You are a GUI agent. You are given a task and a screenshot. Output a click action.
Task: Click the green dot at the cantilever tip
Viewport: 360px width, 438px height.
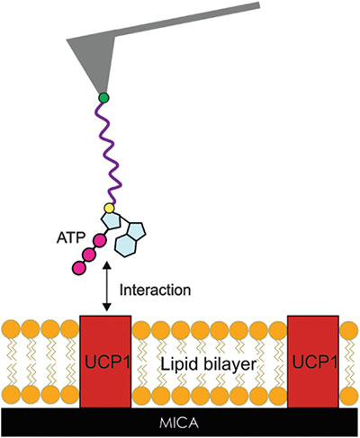[103, 98]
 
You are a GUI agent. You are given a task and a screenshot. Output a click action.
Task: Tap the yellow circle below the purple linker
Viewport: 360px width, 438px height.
[109, 208]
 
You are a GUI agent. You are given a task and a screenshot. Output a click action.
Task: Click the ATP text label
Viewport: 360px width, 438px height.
[71, 237]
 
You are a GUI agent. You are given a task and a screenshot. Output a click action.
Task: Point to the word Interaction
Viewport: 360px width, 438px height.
[155, 291]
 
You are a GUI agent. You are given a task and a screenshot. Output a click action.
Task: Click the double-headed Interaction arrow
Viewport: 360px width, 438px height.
[107, 287]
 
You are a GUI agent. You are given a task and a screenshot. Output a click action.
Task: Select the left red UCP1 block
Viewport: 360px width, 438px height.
[105, 362]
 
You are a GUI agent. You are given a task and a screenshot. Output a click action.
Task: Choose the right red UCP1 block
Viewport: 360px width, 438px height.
[313, 362]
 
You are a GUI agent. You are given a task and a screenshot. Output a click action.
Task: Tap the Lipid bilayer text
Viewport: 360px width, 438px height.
[209, 364]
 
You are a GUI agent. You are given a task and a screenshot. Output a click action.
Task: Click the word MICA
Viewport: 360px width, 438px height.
[179, 423]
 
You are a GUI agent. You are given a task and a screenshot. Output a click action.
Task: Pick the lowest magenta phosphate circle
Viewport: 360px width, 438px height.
[78, 268]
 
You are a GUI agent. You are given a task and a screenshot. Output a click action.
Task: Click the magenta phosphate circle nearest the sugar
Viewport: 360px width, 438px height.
[99, 240]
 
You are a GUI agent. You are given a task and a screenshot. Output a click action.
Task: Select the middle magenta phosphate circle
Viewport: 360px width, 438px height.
[89, 255]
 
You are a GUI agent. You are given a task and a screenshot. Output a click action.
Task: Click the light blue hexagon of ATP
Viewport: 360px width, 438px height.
[126, 246]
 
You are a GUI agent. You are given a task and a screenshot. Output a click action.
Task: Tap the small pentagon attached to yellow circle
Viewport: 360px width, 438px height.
[111, 221]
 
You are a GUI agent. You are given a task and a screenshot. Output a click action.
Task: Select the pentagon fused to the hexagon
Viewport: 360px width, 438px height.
[136, 232]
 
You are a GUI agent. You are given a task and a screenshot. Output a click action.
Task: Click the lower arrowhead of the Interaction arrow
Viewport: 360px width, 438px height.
[107, 308]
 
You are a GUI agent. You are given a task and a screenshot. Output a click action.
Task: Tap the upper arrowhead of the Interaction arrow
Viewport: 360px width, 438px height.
[107, 266]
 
